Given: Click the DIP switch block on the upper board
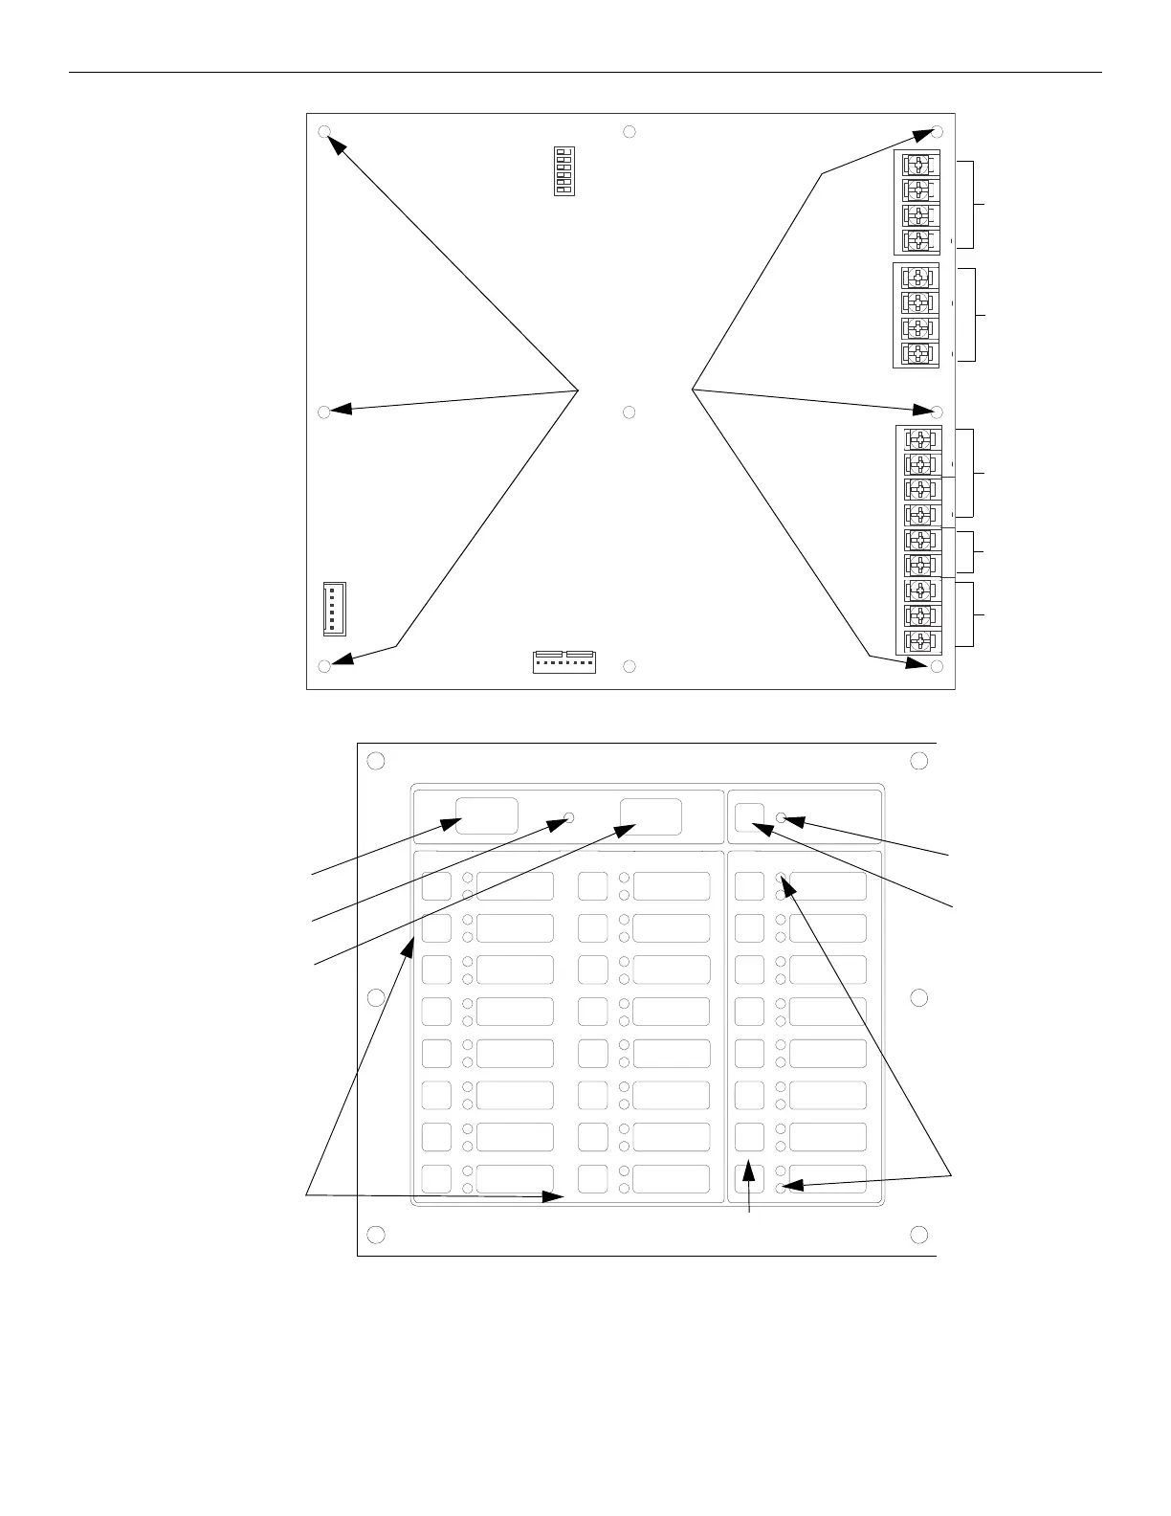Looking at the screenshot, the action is (564, 171).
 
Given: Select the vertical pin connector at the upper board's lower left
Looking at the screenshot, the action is (334, 609).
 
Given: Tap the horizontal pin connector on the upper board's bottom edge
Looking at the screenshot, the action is (563, 661).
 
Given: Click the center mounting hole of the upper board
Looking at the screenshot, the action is (630, 412).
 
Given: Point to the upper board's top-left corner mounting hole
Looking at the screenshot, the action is (324, 132).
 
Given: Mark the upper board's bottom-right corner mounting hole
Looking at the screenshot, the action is (937, 666).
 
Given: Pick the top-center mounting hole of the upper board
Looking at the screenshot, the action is (630, 131).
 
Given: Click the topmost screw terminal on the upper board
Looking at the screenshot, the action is (917, 164).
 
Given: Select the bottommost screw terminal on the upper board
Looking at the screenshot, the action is (919, 640).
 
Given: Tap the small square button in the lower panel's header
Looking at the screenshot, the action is (750, 815).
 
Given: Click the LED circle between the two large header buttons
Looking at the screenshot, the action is (569, 817).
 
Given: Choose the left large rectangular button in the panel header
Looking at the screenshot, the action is (486, 815).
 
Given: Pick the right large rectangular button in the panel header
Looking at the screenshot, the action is (651, 816).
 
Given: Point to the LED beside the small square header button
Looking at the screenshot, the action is (782, 817).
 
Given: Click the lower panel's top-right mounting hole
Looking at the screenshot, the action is (918, 761).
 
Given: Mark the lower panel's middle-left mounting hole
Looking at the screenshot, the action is (376, 997).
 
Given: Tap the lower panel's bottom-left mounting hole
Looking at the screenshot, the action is (376, 1234).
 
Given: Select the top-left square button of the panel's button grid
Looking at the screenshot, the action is (436, 885).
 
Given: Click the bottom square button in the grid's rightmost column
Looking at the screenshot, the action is (750, 1178).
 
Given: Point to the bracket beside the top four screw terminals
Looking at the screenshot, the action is (973, 205).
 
